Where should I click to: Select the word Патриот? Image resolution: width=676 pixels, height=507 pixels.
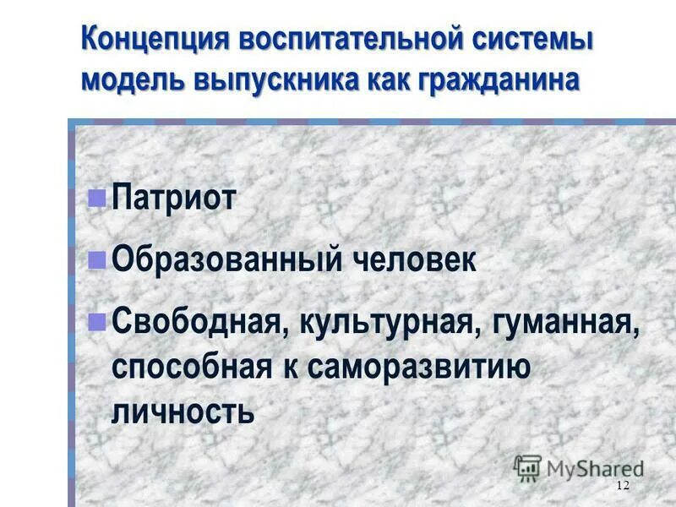pos(173,201)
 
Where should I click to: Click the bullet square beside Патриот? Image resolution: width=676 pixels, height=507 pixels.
pos(97,199)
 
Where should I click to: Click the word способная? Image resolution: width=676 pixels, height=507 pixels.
pos(191,367)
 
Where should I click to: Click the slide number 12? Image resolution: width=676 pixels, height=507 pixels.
pos(624,484)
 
